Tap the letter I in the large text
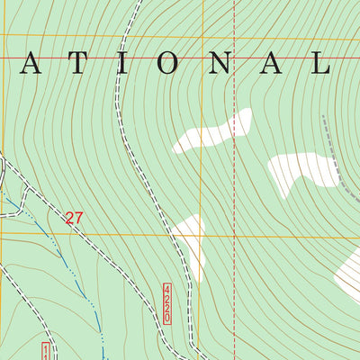click(x=133, y=64)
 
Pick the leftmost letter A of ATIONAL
click(x=31, y=64)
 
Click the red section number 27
click(x=75, y=218)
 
